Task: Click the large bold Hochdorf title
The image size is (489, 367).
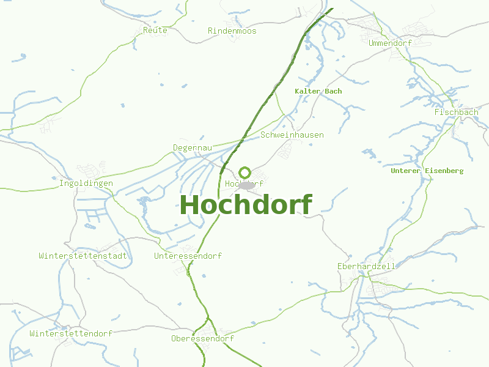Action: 246,205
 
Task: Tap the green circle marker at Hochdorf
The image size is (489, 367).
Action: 245,172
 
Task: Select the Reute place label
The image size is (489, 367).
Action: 155,30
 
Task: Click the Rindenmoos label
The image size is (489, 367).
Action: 232,31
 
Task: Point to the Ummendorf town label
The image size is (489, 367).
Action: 391,43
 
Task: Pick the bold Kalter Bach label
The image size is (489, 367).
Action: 318,91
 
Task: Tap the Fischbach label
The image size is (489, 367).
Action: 457,113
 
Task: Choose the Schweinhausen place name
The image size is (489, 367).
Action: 292,135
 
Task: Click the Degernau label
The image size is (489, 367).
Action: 193,148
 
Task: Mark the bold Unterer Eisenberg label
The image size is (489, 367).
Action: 427,171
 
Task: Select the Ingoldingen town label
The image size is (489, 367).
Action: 86,183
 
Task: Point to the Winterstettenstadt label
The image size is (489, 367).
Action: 83,256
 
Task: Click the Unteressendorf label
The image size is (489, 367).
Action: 188,256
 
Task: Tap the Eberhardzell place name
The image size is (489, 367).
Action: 366,267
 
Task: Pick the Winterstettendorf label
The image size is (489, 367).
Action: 71,334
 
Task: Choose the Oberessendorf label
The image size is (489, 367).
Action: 202,339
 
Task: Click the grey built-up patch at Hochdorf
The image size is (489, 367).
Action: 246,185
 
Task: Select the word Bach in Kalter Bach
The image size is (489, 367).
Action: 334,91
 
